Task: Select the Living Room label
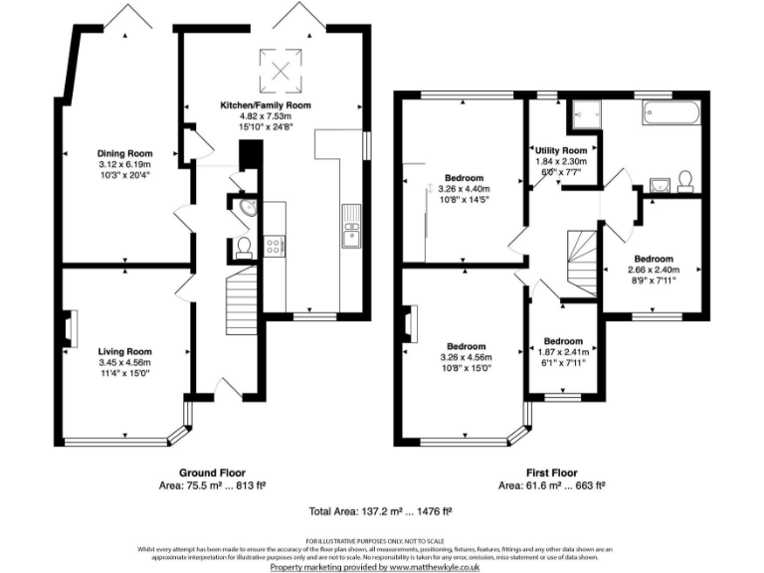click(x=124, y=351)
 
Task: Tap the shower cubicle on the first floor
click(x=584, y=116)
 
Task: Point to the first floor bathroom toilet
click(x=685, y=180)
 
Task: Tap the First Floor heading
click(x=552, y=473)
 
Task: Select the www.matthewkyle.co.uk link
click(x=435, y=566)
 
